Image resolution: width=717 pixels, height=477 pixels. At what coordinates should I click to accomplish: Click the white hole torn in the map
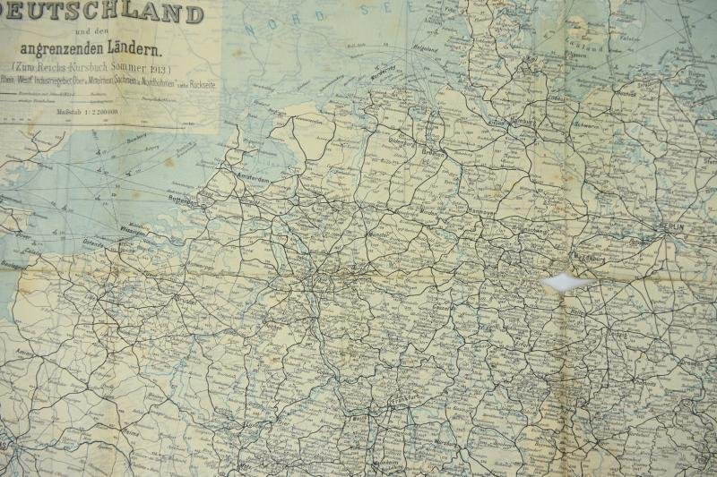coord(562,283)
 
